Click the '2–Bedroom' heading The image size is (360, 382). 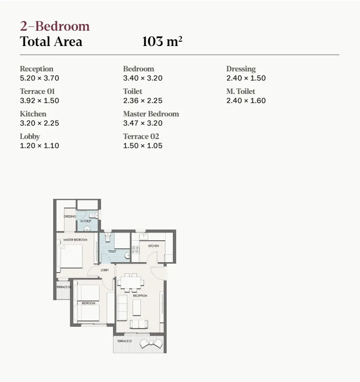(55, 26)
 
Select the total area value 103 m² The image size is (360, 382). (162, 42)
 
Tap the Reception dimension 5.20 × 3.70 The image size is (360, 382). (39, 78)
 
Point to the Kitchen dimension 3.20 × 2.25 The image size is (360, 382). (39, 123)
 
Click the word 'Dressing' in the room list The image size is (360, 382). (241, 69)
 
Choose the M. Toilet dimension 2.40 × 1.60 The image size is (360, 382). (246, 101)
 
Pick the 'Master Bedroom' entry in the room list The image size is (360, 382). (151, 114)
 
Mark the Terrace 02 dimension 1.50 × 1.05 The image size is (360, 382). (143, 146)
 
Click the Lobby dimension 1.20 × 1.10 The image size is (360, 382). (39, 146)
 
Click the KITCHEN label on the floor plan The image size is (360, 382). (153, 246)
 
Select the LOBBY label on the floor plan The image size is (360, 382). (104, 270)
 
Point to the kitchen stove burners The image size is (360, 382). (135, 249)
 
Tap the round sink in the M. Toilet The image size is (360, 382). (87, 229)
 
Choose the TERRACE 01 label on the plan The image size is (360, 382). (124, 341)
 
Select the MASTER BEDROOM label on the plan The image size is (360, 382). (75, 239)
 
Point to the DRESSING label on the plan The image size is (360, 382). (70, 217)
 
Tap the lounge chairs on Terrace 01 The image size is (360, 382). (151, 343)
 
